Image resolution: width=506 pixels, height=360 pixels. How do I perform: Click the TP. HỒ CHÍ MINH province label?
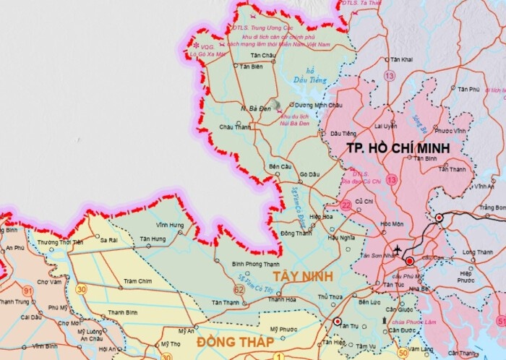[x=398, y=147]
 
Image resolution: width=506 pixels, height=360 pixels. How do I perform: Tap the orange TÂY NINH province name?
[x=301, y=277]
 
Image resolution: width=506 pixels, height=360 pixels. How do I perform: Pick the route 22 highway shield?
[x=346, y=207]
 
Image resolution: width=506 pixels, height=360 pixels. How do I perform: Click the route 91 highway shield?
[x=28, y=290]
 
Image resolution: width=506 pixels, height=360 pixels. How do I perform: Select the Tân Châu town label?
[x=263, y=55]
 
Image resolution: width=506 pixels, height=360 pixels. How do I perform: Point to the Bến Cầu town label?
[x=279, y=166]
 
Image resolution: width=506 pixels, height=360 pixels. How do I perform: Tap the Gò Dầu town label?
[x=309, y=174]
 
